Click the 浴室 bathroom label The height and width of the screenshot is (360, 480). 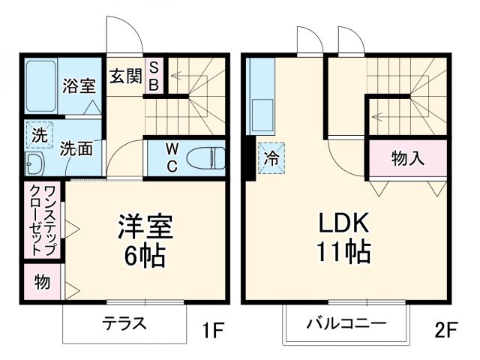(78, 85)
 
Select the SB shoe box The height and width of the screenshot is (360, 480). (153, 76)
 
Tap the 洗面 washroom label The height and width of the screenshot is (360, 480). (76, 148)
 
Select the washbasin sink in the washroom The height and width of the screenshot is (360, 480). (35, 163)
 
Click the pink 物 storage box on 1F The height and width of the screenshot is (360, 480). (41, 283)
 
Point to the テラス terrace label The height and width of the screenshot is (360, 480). (124, 325)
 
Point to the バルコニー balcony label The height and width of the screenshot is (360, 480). (346, 325)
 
